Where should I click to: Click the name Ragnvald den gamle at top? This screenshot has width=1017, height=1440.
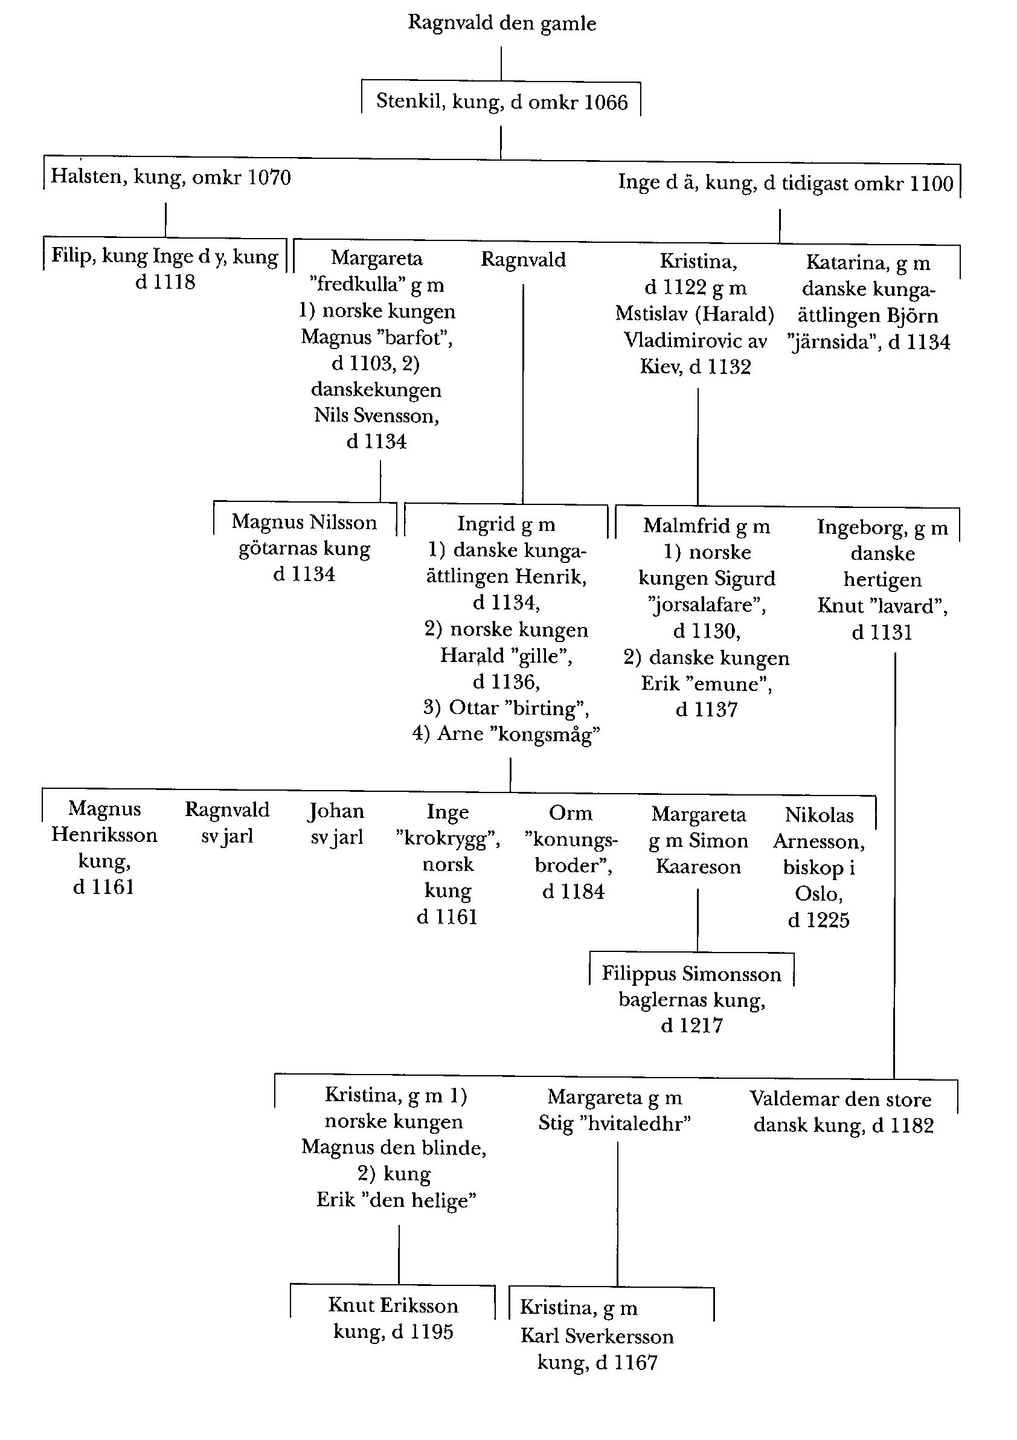pos(502,23)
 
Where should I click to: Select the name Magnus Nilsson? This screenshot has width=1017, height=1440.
pos(304,522)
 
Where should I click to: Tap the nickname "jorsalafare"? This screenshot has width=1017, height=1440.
pos(707,605)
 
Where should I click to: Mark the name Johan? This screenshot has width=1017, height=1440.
pos(335,811)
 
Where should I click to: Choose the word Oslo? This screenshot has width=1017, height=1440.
pos(818,894)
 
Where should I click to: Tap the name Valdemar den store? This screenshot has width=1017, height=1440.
pos(840,1099)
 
